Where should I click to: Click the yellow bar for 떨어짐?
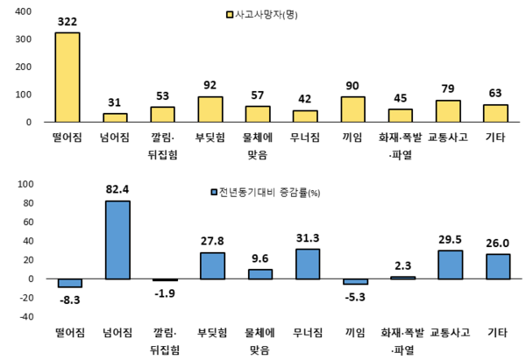(68, 77)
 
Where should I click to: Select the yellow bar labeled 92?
(210, 109)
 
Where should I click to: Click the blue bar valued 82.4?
(117, 239)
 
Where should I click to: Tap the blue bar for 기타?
(497, 266)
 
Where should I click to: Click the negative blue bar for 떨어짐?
(69, 282)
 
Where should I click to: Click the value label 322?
(67, 20)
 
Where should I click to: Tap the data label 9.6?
(259, 258)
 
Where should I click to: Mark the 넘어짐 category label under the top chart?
(116, 137)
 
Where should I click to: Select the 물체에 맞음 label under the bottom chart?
(258, 341)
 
